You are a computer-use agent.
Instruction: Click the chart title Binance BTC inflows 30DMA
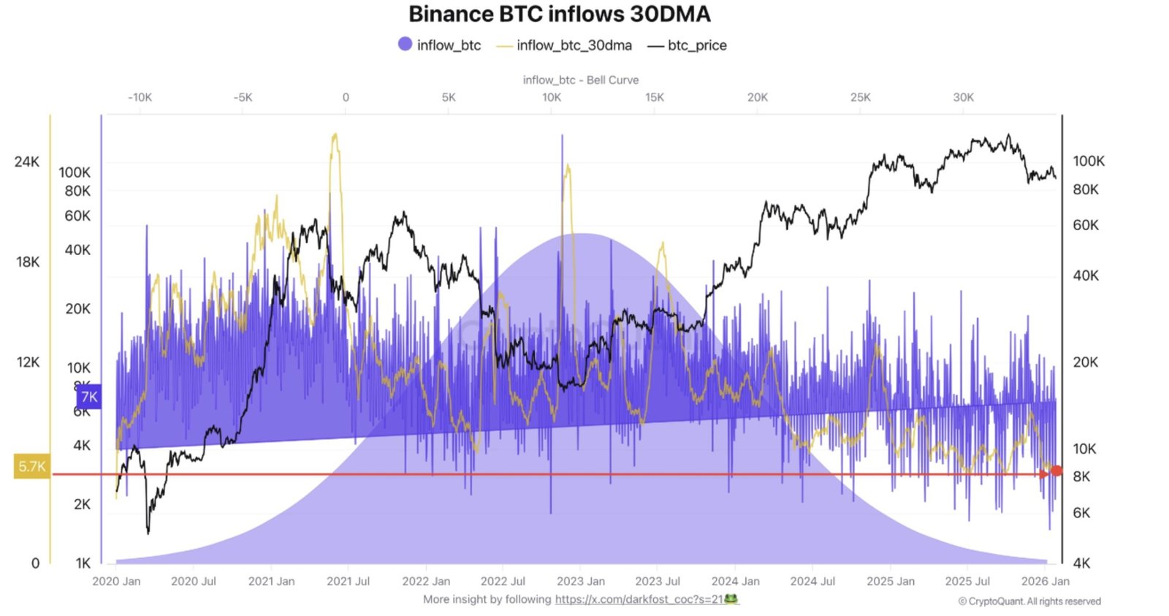[559, 14]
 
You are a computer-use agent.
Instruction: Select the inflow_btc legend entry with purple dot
[440, 45]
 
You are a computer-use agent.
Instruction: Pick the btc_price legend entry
[688, 45]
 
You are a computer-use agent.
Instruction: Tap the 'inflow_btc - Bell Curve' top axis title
[580, 80]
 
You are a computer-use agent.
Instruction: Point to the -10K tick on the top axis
[140, 97]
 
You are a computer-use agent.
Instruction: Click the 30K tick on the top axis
[963, 97]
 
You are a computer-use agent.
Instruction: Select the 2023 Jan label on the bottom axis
[580, 581]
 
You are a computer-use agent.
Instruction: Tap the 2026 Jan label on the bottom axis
[1045, 581]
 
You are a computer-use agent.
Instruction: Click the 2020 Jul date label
[194, 581]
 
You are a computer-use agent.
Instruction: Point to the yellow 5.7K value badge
[32, 466]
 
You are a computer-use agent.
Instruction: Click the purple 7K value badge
[88, 397]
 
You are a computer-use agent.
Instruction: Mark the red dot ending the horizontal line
[1056, 471]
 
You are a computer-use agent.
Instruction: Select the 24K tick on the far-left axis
[27, 161]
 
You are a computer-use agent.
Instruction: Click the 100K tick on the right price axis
[1088, 161]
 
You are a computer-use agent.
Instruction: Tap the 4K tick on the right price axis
[1081, 563]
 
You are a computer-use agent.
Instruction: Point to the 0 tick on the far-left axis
[35, 563]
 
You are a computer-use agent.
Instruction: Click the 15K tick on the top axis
[654, 97]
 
